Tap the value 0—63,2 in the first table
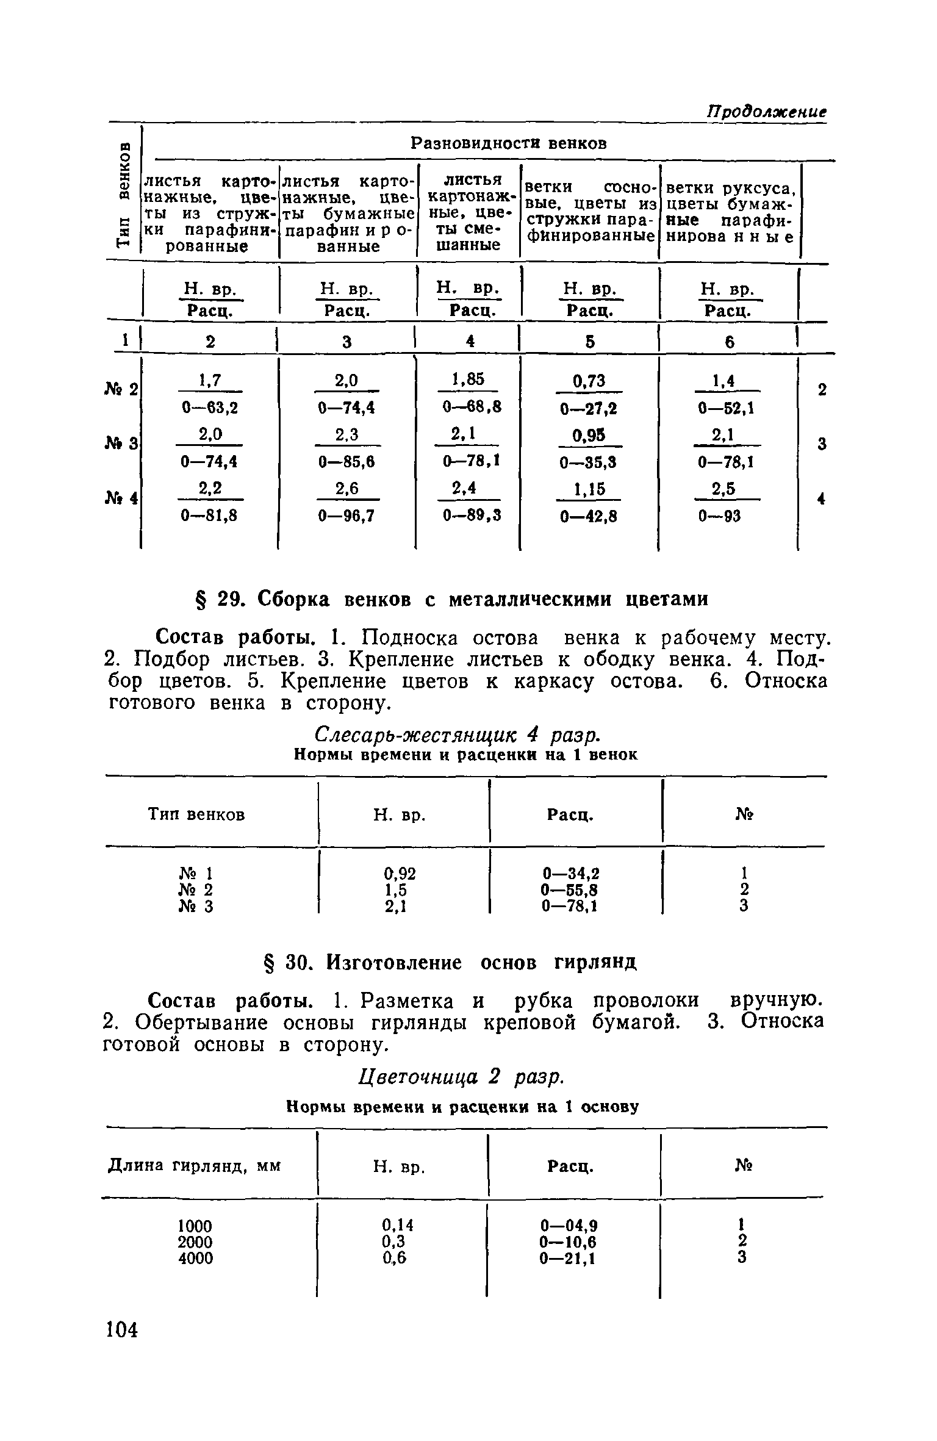coord(209,408)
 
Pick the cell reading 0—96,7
coord(346,516)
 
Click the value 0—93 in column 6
coord(719,516)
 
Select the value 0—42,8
coord(589,517)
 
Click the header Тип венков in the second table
coord(196,814)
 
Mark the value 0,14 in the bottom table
coord(398,1226)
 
